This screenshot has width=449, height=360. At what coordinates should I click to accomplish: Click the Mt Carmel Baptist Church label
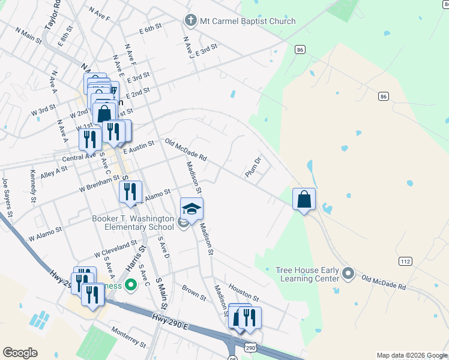click(248, 21)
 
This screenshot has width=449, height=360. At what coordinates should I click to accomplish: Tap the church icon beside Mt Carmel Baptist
click(191, 21)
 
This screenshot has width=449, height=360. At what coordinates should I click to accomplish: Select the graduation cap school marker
click(191, 209)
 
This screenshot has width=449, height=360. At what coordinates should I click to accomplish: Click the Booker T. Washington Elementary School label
click(133, 223)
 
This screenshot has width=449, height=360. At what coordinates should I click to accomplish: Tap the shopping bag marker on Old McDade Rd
click(304, 199)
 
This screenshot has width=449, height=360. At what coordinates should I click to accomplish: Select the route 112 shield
click(405, 261)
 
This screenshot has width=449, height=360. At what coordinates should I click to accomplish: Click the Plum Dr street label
click(254, 167)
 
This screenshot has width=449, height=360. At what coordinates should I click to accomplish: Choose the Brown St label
click(194, 293)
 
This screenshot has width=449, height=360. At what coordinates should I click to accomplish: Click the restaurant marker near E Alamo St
click(130, 192)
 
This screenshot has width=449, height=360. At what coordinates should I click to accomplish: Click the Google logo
click(20, 353)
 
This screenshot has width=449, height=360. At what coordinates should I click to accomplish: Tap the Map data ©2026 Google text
click(411, 355)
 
